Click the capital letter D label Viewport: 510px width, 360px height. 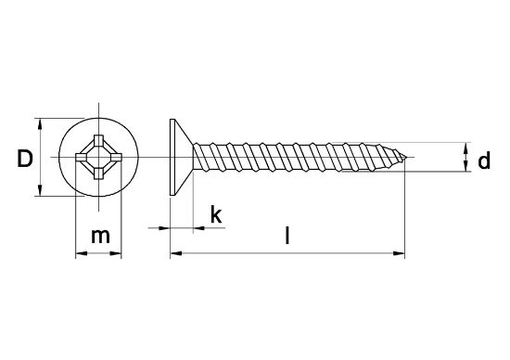[x=25, y=160]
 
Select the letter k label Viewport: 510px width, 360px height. [x=216, y=215]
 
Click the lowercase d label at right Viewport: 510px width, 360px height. [x=482, y=162]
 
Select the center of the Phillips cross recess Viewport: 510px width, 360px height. [x=97, y=157]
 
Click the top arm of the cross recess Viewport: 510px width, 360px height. [x=97, y=141]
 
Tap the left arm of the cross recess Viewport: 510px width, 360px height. [x=82, y=157]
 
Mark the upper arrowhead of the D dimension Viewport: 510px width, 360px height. [x=39, y=123]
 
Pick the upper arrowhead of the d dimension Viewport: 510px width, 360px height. [x=465, y=148]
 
